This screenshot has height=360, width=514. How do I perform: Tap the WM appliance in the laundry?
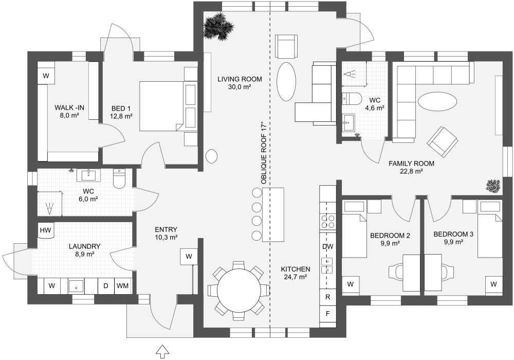tap(122, 285)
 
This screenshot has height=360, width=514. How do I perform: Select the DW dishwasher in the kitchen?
tap(328, 247)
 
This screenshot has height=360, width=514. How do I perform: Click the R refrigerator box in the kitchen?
tap(328, 297)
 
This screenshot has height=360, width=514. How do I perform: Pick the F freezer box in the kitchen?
tap(328, 313)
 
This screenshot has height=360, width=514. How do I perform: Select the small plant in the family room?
tap(494, 187)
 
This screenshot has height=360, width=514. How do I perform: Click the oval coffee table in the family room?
tap(437, 101)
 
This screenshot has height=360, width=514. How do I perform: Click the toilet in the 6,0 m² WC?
tap(119, 179)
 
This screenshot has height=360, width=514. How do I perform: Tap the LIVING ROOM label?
tap(240, 79)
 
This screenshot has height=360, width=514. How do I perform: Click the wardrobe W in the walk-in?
tap(46, 76)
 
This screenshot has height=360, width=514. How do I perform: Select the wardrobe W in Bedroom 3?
tap(493, 284)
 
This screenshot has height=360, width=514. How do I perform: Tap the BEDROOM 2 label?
tap(390, 236)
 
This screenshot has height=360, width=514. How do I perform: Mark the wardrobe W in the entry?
tap(189, 256)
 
